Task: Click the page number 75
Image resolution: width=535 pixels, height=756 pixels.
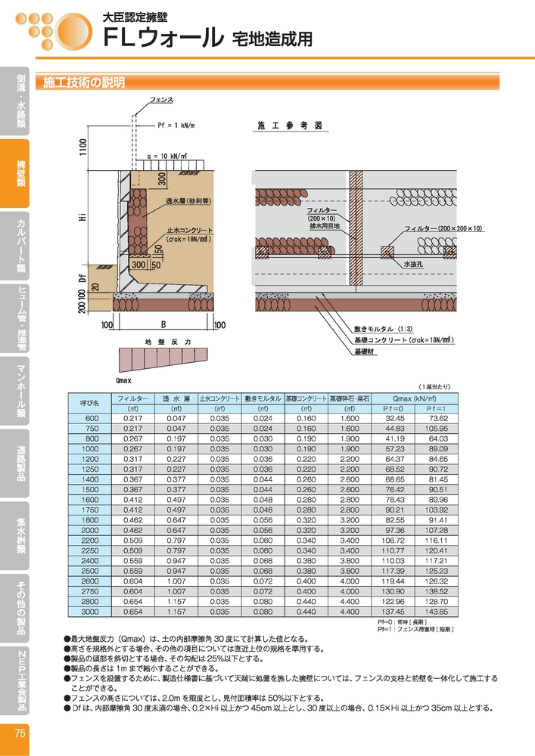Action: point(20,733)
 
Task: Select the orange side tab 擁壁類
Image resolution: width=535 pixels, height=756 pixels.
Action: point(14,174)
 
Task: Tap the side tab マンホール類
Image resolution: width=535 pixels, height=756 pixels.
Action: point(14,391)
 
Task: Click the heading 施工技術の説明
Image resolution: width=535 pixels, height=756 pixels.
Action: point(84,82)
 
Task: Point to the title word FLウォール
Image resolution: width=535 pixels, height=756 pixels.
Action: point(164,38)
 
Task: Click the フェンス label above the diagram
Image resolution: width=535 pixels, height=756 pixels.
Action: point(161,100)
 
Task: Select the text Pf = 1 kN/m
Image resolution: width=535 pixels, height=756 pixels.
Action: point(176,125)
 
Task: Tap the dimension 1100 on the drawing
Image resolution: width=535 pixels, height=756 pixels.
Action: point(83,147)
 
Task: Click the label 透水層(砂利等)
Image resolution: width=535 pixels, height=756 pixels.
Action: point(188,201)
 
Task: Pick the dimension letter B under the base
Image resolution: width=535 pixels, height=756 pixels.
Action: point(163,325)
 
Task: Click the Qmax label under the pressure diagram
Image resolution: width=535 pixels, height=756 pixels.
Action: point(123,380)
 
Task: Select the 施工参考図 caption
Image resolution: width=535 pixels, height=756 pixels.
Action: point(290,125)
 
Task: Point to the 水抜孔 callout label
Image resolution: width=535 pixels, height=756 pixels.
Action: point(413,264)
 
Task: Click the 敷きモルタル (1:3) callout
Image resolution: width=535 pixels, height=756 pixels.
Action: point(383,329)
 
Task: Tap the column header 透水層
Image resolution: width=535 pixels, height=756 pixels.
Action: point(176,398)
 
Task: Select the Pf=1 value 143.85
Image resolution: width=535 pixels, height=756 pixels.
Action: point(437,612)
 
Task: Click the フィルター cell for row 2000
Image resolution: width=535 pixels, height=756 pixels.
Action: point(132,530)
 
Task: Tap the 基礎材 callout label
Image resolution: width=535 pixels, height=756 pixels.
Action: point(364,352)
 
